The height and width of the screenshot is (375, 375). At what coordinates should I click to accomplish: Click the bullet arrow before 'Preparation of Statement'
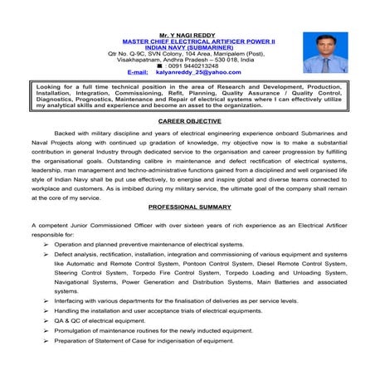47,342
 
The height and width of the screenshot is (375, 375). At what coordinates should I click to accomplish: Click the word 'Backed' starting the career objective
66,133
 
